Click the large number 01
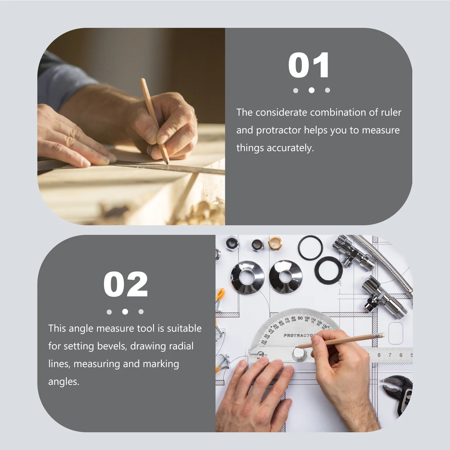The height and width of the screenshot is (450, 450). [309, 65]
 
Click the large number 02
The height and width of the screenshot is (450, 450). [125, 284]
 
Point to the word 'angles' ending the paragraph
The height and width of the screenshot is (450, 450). [63, 382]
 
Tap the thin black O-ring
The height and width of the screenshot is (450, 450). [310, 248]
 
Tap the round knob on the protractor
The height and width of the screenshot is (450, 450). [299, 354]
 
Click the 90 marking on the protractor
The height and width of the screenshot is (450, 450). [300, 318]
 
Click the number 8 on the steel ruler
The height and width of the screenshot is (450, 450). [379, 355]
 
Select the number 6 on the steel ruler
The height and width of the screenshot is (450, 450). [401, 355]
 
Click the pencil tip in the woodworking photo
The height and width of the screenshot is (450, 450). [168, 163]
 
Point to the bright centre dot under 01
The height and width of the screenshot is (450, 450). [311, 90]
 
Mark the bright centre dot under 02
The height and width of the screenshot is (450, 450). [125, 312]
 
